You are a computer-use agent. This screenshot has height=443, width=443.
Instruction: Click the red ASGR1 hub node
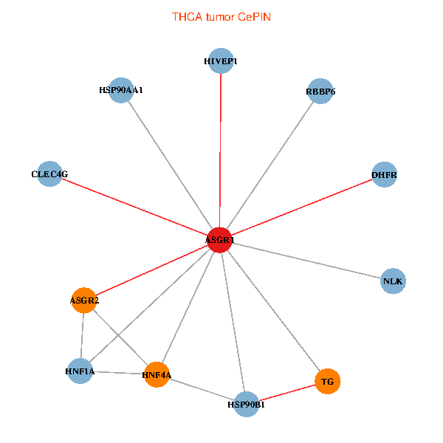point(219,241)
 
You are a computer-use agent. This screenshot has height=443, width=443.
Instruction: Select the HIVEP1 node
point(221,61)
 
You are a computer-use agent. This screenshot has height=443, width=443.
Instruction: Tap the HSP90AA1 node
point(120,90)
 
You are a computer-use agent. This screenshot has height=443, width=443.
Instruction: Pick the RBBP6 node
point(320,92)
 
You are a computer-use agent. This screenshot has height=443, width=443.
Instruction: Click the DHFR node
point(384,175)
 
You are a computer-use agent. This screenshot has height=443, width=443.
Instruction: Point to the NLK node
point(394,281)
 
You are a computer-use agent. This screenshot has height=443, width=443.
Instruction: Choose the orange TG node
point(328,382)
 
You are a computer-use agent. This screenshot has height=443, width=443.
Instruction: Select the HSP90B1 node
point(246,404)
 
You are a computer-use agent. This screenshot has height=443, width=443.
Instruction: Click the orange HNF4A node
point(157,375)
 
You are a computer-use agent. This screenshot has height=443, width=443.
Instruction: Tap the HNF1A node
point(80,371)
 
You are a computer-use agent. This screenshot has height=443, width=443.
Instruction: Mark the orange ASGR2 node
point(84,301)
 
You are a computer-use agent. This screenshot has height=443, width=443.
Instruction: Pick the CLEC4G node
point(49,174)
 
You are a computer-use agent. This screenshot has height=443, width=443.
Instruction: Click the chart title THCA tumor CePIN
point(221,16)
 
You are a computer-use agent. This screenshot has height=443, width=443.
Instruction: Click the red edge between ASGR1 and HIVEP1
point(221,148)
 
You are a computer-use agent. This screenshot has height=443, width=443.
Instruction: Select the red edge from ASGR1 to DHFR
point(303,207)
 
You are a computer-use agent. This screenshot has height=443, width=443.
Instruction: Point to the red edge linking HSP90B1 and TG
point(286,393)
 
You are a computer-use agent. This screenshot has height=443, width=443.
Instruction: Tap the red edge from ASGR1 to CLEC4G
point(133,207)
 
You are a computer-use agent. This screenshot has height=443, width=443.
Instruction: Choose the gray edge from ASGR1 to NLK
point(306,261)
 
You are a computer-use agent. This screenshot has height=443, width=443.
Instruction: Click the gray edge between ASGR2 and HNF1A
point(82,336)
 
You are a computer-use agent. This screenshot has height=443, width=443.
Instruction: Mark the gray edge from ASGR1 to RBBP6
point(270,166)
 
